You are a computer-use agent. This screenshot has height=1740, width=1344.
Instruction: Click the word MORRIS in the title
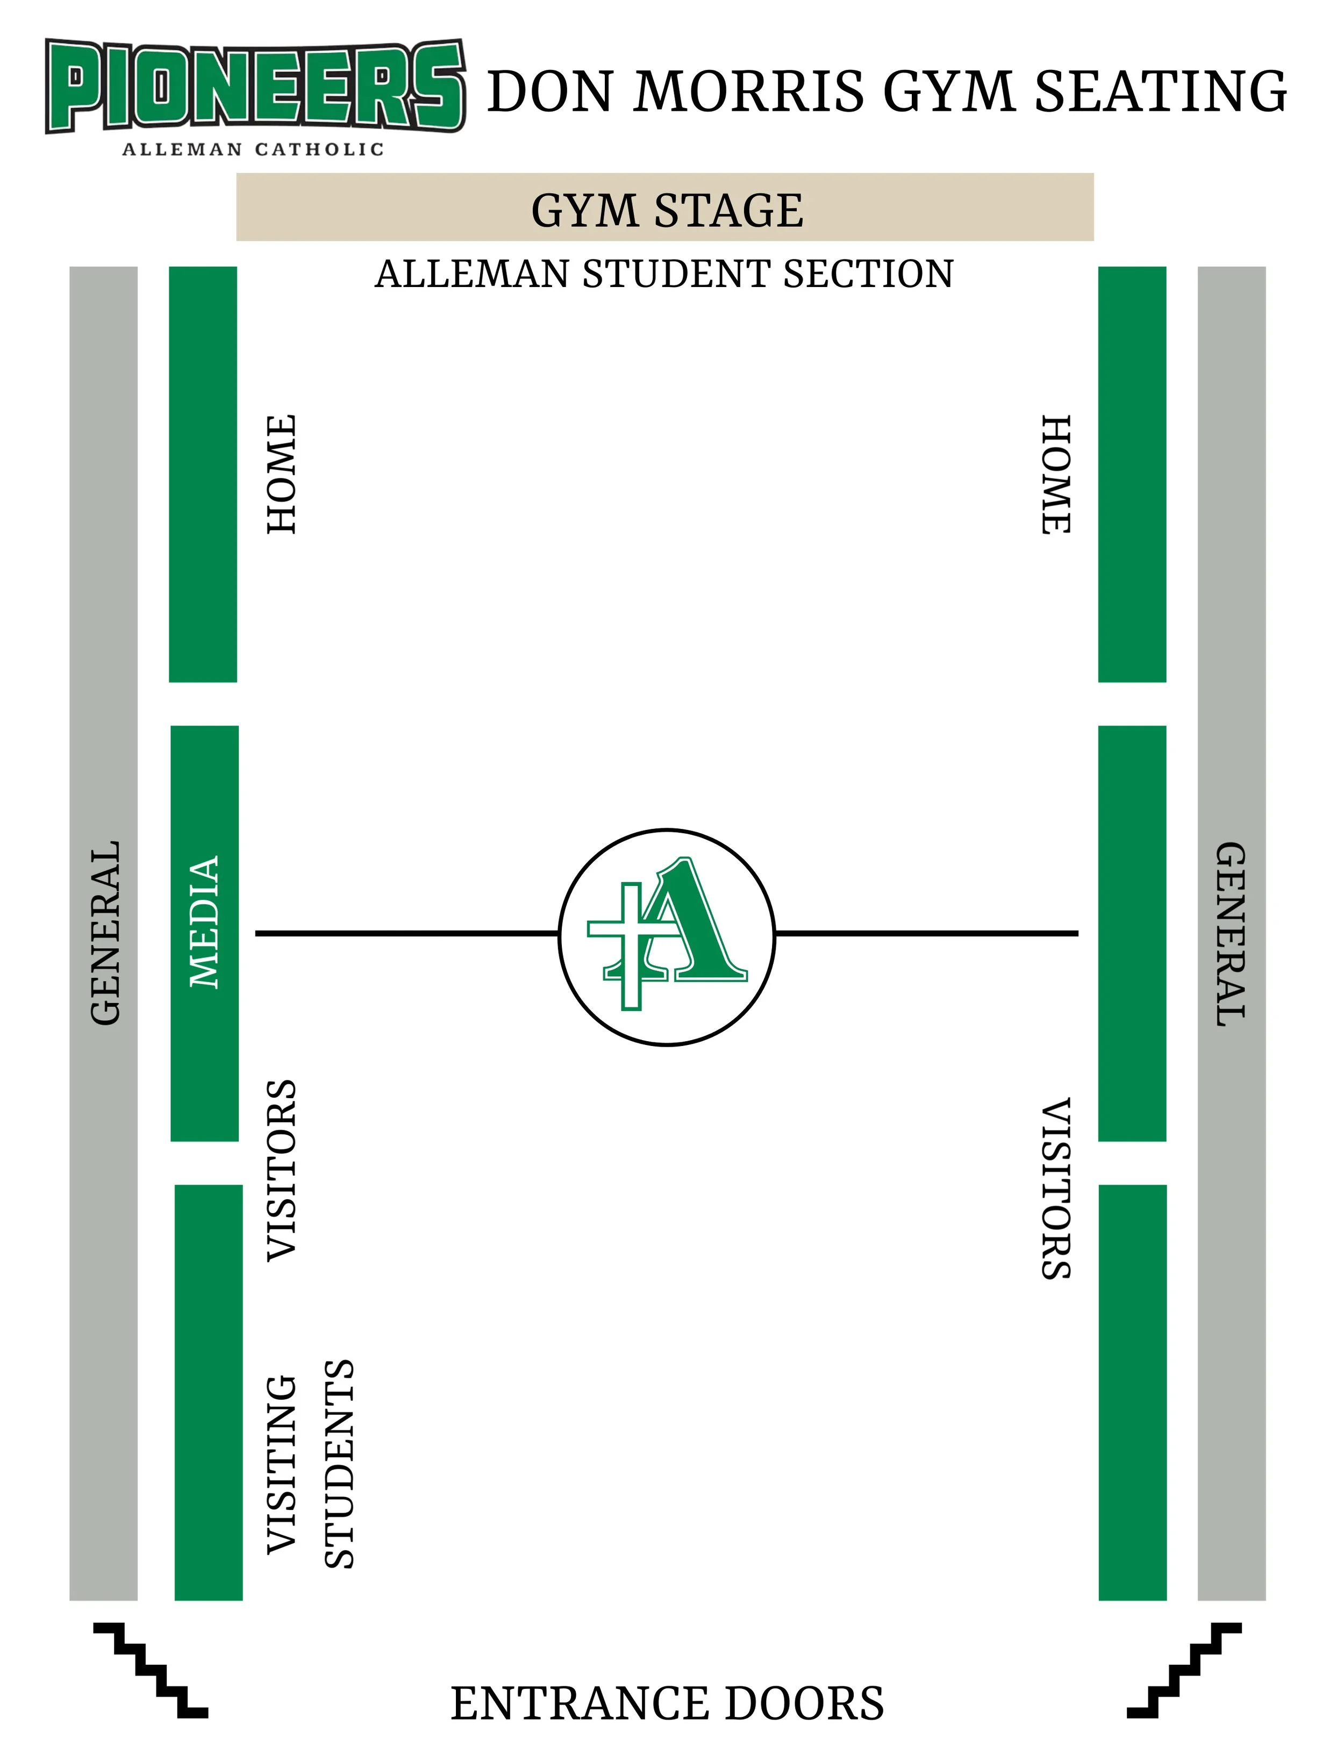coord(748,91)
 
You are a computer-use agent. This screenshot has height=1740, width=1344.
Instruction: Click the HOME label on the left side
coord(281,474)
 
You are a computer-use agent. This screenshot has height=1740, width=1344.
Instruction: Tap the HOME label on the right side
coord(1056,474)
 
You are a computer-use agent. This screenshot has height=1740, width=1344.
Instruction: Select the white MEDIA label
coord(204,922)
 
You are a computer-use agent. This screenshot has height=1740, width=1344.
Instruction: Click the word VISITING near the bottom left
coord(281,1464)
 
